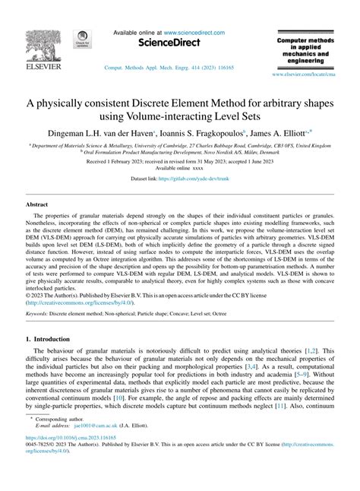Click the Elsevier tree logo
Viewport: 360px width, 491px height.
coord(30,39)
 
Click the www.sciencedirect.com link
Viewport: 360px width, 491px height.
coord(180,33)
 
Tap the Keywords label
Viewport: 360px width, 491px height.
coord(42,312)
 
